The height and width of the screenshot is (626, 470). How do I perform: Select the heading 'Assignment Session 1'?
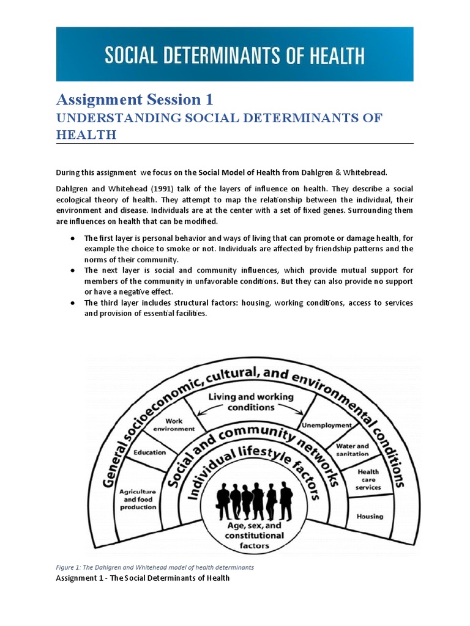(x=135, y=99)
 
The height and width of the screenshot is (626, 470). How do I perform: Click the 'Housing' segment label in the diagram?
(x=370, y=516)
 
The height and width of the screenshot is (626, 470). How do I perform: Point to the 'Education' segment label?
(x=150, y=452)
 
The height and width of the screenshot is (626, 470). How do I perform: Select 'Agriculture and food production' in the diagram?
(x=137, y=499)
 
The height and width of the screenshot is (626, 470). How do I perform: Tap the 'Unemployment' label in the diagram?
(x=326, y=425)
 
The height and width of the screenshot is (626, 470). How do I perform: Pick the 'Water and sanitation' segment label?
(x=352, y=450)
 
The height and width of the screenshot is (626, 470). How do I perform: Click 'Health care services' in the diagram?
(x=368, y=479)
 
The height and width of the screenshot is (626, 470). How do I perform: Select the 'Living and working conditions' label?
(x=251, y=402)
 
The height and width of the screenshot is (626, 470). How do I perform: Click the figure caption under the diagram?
(x=155, y=567)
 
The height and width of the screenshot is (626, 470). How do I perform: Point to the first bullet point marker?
(x=72, y=238)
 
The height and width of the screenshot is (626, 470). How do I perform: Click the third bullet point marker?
(x=72, y=303)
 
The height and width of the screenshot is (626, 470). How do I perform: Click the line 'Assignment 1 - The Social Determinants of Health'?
(x=143, y=578)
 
